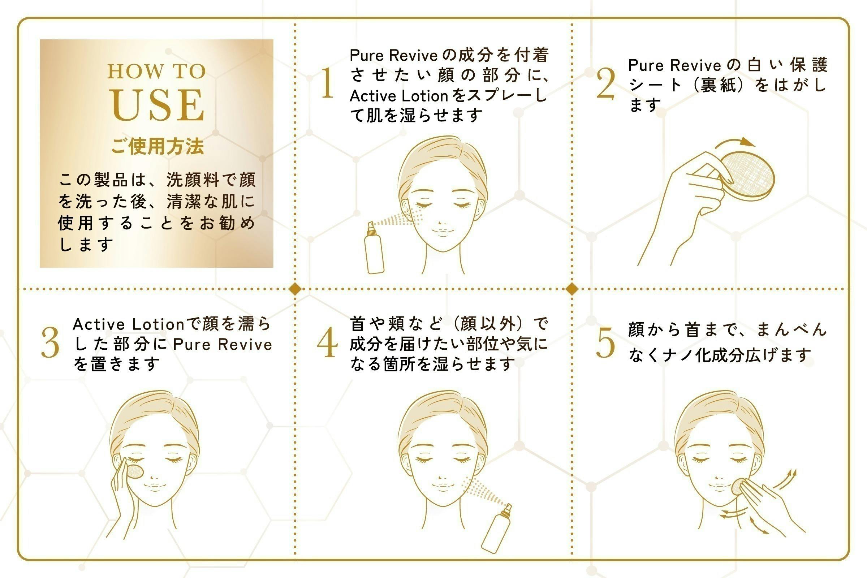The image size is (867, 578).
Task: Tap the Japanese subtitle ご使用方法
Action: tap(158, 147)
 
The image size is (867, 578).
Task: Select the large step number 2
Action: tap(606, 85)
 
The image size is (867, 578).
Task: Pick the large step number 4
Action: tap(328, 343)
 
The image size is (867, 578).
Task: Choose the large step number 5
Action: tap(606, 343)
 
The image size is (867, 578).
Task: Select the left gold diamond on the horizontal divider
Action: tap(295, 289)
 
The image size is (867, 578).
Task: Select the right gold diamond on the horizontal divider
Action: tap(572, 289)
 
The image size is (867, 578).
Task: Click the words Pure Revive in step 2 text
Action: tap(674, 66)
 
